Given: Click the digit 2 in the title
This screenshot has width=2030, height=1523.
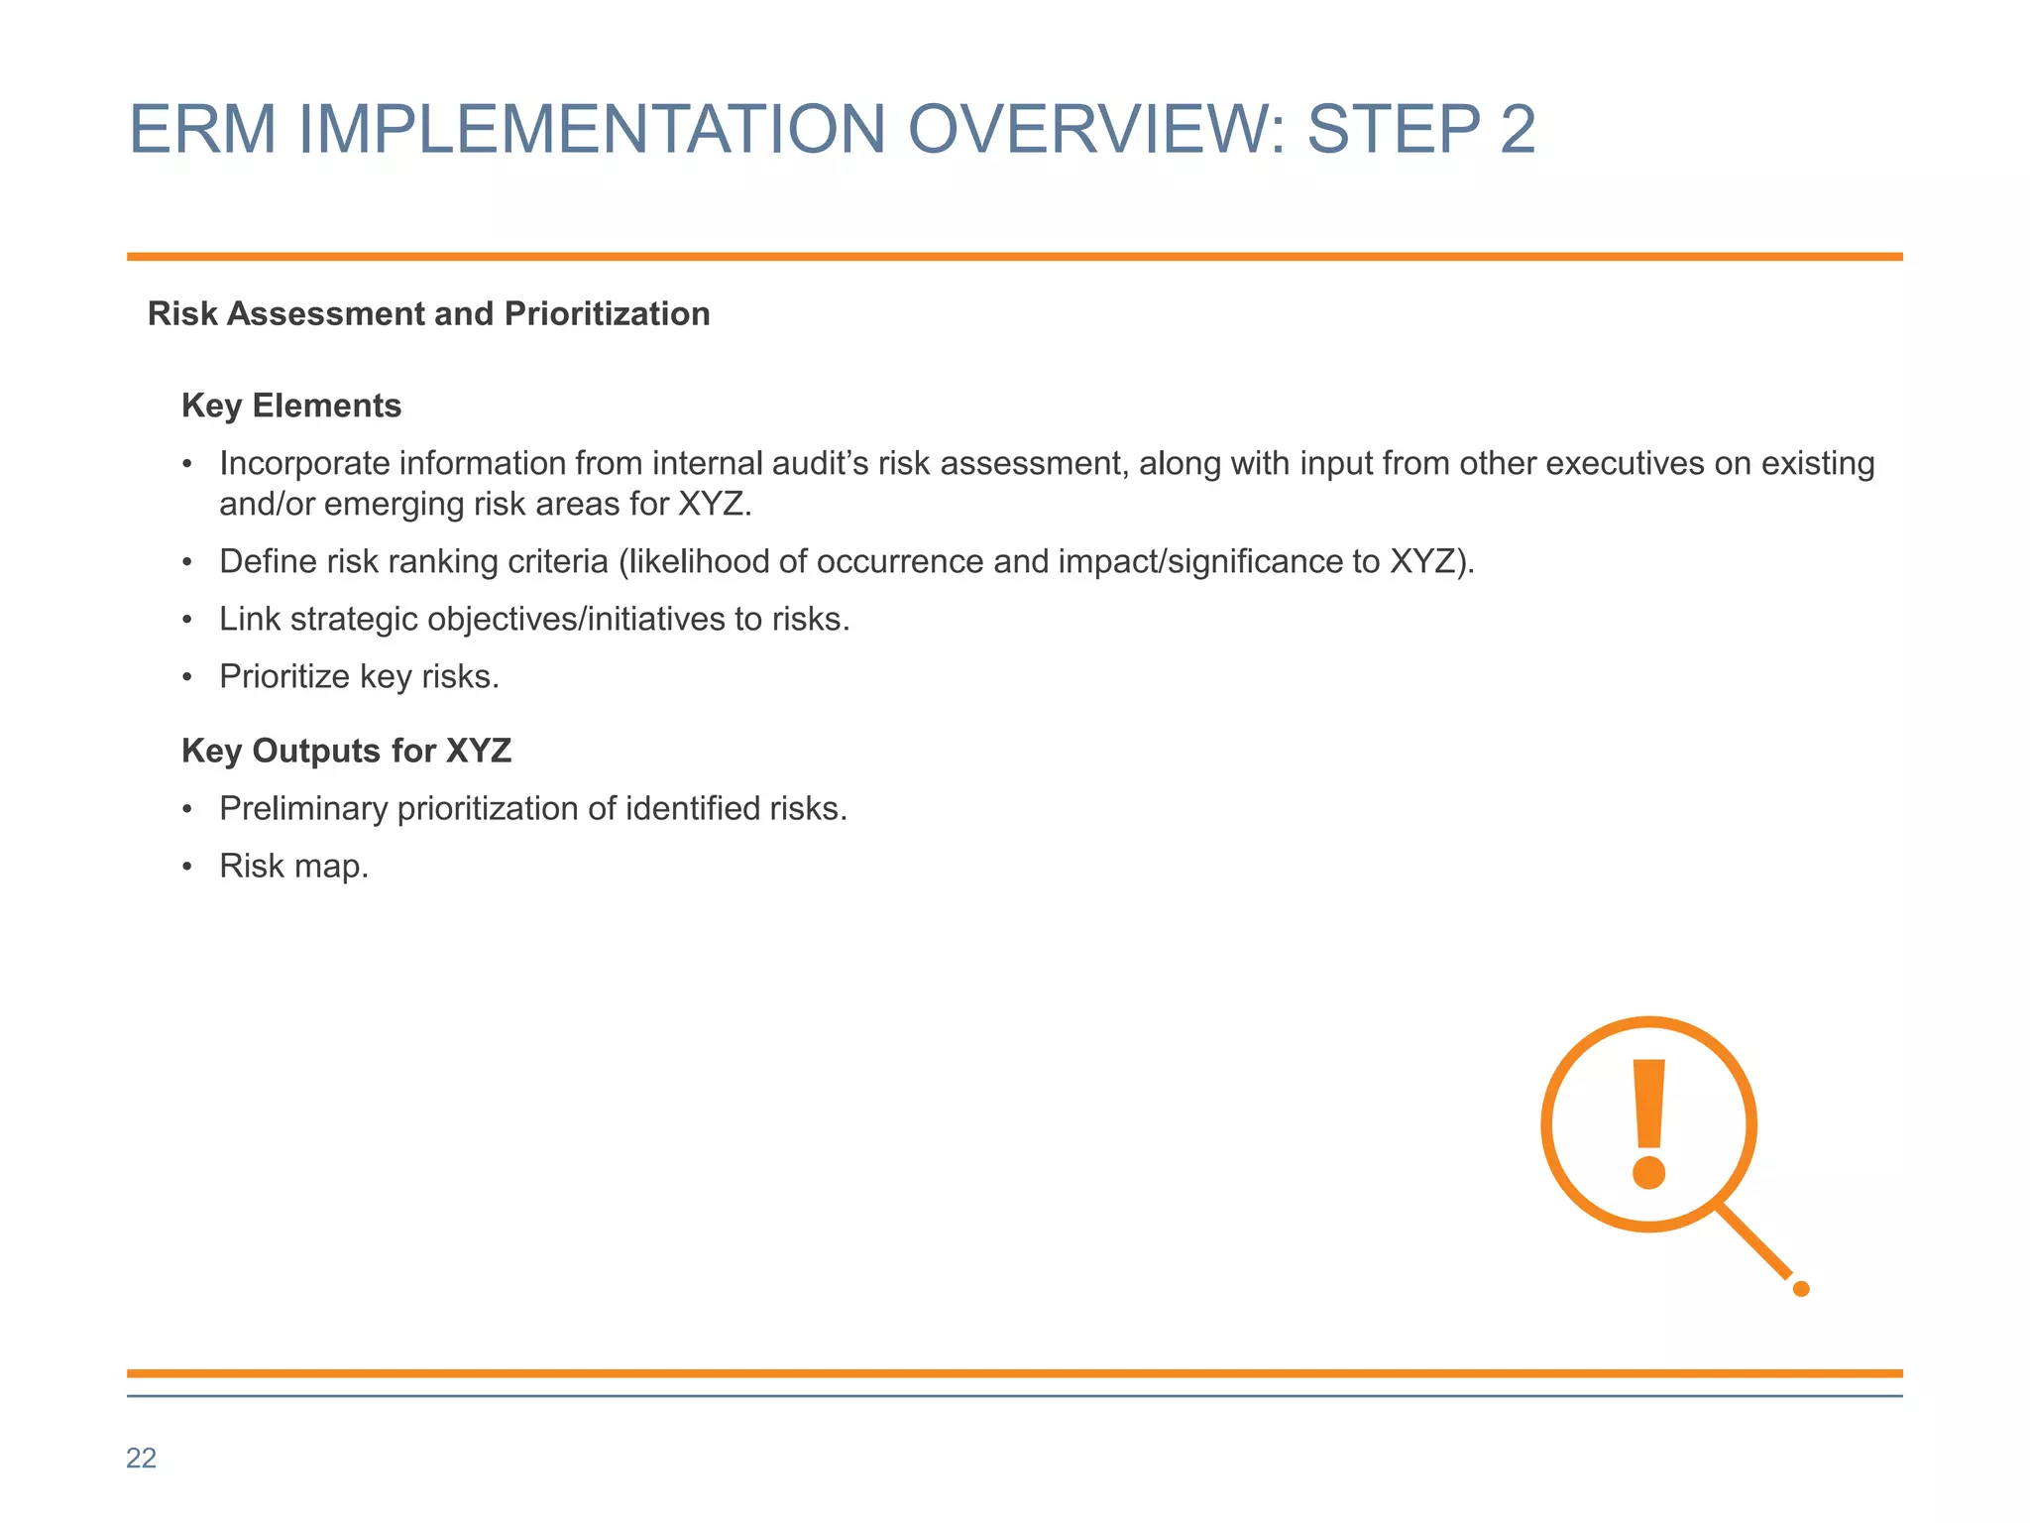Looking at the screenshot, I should pos(1518,130).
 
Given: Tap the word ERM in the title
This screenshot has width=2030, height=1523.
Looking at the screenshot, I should pos(202,130).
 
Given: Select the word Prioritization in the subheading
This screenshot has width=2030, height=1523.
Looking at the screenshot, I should pos(607,313).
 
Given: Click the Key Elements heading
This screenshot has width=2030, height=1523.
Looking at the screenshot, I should pos(291,406).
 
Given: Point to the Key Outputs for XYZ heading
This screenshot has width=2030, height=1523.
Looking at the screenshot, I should pos(346,751).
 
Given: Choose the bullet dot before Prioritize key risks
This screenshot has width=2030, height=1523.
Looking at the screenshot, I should pos(187,678).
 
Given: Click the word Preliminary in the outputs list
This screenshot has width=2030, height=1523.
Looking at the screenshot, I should pos(303,808).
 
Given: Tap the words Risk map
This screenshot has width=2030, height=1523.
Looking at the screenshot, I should pos(293,866).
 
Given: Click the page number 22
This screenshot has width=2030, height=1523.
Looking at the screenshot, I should pos(141,1458).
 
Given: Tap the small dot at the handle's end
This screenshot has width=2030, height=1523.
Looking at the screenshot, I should pos(1801,1289).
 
